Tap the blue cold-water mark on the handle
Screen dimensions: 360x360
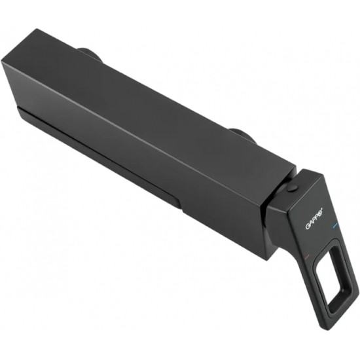[334, 227]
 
